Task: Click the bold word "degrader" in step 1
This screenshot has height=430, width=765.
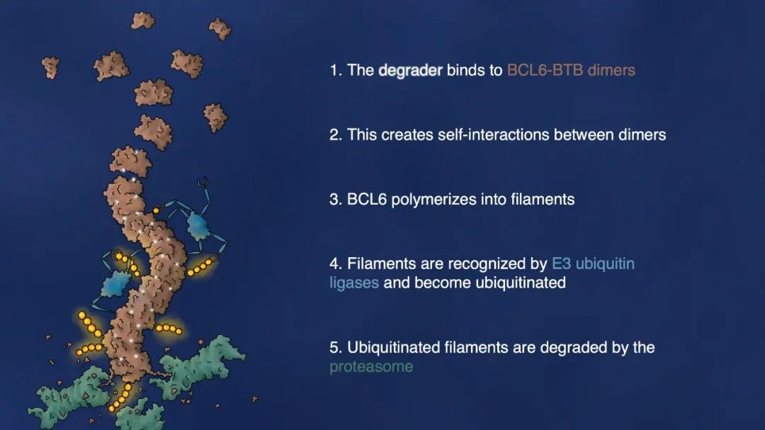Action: point(410,71)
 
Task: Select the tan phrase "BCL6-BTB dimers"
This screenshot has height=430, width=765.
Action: point(571,70)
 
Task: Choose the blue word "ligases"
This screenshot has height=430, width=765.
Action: point(354,283)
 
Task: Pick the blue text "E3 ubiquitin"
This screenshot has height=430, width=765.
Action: point(593,264)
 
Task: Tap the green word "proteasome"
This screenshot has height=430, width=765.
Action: point(371,367)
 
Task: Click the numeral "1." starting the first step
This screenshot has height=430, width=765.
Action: point(336,70)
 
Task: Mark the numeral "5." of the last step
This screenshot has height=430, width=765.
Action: point(336,348)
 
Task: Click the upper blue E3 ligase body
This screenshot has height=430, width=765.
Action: point(198,225)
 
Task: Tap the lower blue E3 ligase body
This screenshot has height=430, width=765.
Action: point(115,284)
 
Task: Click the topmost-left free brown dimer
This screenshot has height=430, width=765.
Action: point(143,21)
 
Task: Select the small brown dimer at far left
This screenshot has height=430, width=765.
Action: point(50,67)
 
